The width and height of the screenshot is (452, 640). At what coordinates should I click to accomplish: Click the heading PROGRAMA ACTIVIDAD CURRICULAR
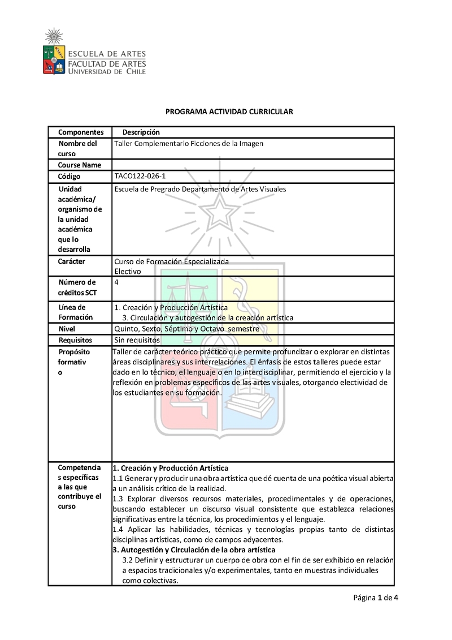pos(229,112)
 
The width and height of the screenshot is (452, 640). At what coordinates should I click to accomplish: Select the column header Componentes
pos(81,132)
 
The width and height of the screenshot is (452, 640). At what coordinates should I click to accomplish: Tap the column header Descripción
pos(141,132)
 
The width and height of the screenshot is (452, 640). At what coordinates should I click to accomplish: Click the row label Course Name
pos(80,165)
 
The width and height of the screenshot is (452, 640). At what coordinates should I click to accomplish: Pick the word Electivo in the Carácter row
pos(128,271)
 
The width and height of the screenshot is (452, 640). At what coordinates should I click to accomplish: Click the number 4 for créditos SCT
pos(116,282)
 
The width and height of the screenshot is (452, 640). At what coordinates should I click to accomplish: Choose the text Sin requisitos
pos(137,340)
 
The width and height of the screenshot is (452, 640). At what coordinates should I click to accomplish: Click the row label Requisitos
pos(76,340)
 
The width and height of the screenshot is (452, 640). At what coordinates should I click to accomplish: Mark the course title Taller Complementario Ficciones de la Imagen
pos(189,144)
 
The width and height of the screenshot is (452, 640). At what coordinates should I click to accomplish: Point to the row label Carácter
pos(72,261)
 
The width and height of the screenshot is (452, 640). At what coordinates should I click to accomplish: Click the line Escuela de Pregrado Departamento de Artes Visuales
pos(200,189)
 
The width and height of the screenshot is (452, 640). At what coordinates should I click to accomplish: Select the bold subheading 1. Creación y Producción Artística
pos(171,468)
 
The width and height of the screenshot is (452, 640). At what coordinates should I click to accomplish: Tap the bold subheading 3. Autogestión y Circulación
pos(194,549)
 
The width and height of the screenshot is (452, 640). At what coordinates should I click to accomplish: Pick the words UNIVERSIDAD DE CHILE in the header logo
pos(107,72)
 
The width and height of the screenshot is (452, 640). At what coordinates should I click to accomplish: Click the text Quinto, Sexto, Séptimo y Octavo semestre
pos(187,329)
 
